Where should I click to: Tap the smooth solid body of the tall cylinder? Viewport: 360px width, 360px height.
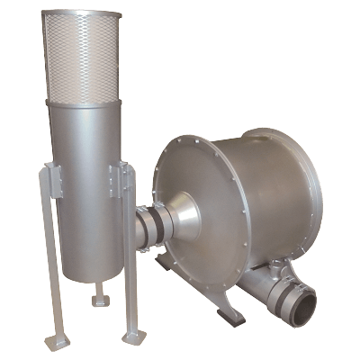85,153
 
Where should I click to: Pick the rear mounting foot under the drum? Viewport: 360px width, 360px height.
166,264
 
